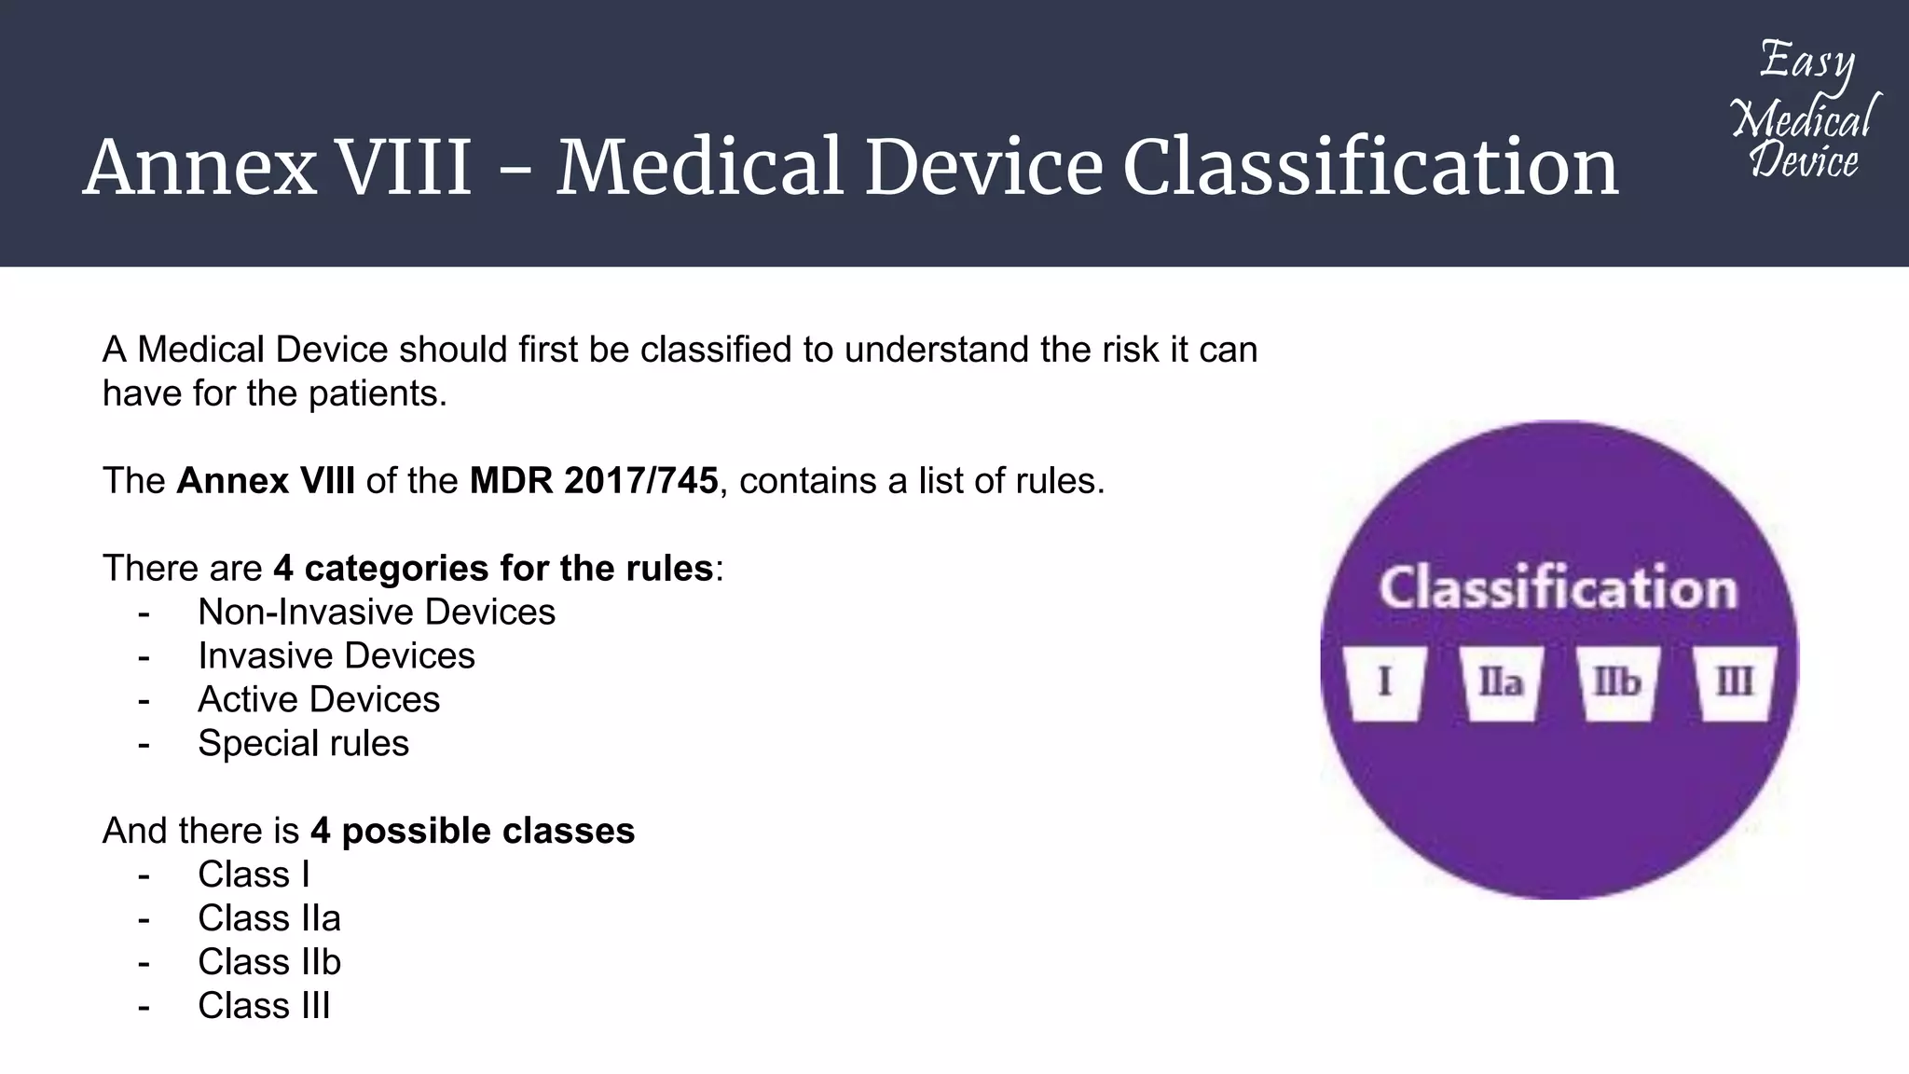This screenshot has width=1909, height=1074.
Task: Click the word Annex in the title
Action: click(199, 168)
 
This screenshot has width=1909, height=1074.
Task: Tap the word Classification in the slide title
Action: click(1370, 168)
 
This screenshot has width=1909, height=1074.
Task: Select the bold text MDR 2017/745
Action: click(594, 481)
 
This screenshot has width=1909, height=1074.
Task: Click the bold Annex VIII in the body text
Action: click(266, 481)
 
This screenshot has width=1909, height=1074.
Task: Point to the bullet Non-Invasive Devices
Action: click(377, 613)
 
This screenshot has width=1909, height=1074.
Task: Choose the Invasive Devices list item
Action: click(336, 656)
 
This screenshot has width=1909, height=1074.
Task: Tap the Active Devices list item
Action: click(319, 700)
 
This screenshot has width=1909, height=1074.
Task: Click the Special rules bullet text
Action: click(303, 744)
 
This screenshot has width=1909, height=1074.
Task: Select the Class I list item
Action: click(254, 875)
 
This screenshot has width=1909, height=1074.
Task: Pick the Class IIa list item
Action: click(269, 919)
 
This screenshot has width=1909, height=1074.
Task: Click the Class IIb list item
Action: click(269, 962)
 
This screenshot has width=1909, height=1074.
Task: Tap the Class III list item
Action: click(264, 1006)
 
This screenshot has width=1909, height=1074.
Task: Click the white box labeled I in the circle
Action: click(1385, 682)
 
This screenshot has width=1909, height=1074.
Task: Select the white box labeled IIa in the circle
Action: click(1501, 682)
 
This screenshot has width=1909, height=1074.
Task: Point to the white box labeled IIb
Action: click(1617, 682)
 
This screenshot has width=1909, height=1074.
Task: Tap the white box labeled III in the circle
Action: click(1734, 682)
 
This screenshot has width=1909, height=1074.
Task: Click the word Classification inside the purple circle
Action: click(1559, 588)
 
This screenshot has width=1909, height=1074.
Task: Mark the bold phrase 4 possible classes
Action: click(473, 831)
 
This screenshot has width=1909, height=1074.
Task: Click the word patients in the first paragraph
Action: click(378, 394)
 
